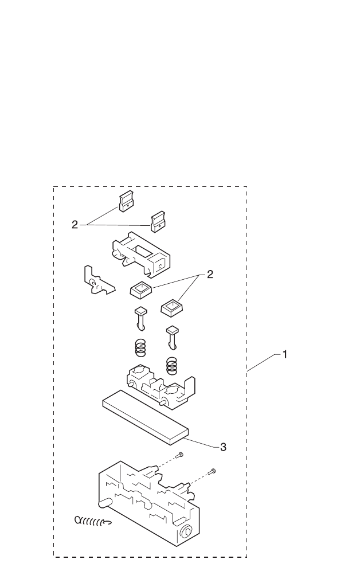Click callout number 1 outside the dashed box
(284, 355)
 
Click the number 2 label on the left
(75, 225)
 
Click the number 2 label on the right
(210, 275)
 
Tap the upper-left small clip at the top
(126, 201)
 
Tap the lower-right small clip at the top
(158, 221)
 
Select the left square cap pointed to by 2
(140, 291)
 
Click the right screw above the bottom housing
(212, 471)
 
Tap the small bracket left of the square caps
(96, 280)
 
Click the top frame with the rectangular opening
(140, 253)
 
